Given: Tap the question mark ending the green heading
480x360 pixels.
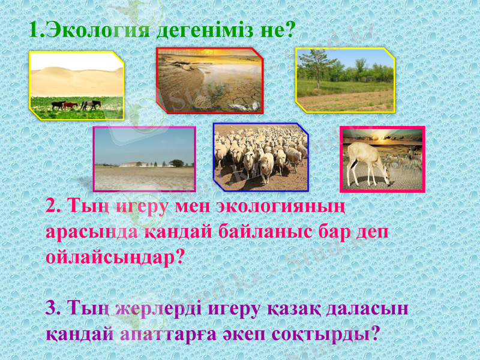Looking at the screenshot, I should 290,29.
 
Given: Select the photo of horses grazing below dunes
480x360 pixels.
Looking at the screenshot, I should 77,85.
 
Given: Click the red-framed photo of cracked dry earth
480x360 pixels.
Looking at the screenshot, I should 209,81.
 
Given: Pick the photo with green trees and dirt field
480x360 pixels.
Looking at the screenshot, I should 345,80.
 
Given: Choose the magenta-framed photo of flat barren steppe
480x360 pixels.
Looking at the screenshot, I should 144,159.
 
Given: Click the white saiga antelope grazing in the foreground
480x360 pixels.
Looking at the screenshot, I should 367,161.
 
